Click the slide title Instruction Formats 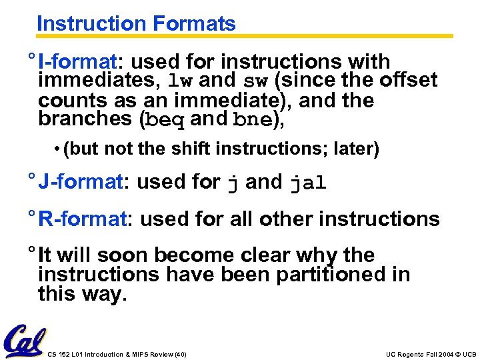point(136,24)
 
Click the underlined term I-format point(77,62)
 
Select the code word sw point(256,81)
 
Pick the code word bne point(253,120)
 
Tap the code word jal point(308,183)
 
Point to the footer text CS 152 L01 point(73,354)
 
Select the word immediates point(99,81)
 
